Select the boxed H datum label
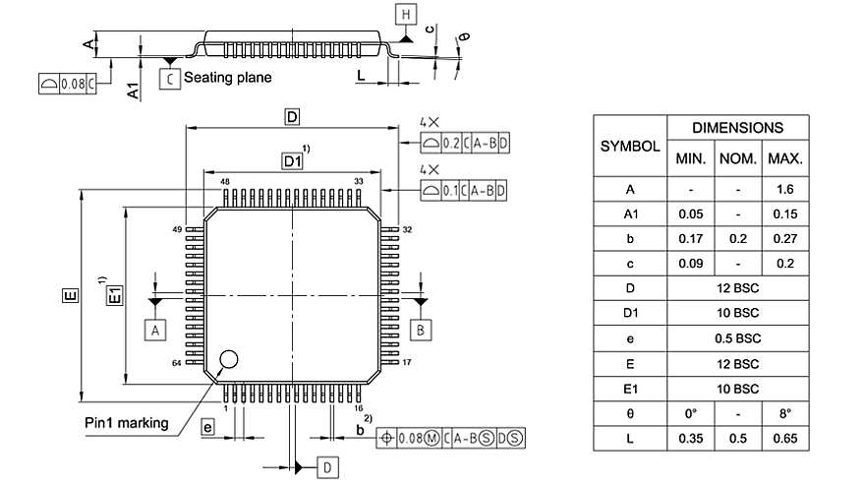pos(406,14)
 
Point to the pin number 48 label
pos(225,182)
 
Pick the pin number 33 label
pos(359,182)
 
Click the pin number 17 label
pos(406,363)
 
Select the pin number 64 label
pos(177,363)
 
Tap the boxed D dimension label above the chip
pos(292,117)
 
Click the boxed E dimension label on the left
pos(69,295)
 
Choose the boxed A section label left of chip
pos(154,330)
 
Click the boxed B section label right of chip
pos(420,330)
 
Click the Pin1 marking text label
pos(126,424)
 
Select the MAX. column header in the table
pos(784,158)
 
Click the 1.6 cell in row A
pos(784,189)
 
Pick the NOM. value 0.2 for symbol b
pos(737,239)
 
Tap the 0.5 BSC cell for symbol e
pos(737,338)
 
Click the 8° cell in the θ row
pos(784,414)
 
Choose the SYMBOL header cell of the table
pos(629,146)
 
